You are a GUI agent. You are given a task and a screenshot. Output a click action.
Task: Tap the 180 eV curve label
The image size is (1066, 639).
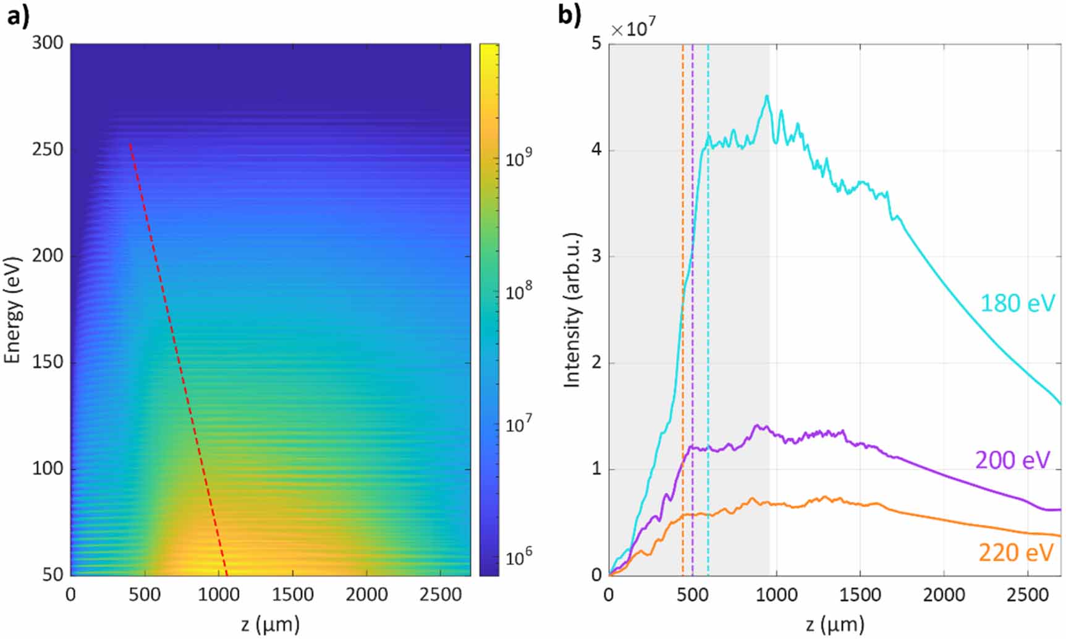[x=1017, y=304]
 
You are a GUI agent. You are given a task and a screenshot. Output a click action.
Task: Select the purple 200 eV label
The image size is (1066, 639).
[x=1012, y=460]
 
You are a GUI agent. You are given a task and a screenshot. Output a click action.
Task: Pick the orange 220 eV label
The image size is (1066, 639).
[x=1015, y=552]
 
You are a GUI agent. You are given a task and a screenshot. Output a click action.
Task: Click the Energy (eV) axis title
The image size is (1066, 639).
[x=13, y=309]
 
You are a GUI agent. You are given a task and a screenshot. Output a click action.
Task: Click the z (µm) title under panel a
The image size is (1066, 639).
[x=270, y=624]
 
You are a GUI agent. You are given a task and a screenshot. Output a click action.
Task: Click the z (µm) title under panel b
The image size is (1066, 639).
[x=834, y=624]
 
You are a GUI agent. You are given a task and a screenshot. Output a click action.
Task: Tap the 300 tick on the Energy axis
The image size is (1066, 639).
[x=47, y=44]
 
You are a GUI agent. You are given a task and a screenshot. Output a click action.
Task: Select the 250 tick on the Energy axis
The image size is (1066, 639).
[x=47, y=150]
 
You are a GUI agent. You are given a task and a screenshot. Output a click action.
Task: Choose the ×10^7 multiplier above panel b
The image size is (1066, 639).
[x=633, y=28]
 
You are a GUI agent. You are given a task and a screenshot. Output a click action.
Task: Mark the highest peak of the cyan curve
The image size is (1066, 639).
[x=767, y=96]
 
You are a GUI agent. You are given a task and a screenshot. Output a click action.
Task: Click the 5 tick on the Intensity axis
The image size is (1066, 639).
[x=596, y=44]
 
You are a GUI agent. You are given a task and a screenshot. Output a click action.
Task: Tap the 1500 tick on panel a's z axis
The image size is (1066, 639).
[x=292, y=594]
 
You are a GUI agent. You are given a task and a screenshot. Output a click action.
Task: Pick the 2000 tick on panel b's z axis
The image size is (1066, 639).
[x=944, y=594]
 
